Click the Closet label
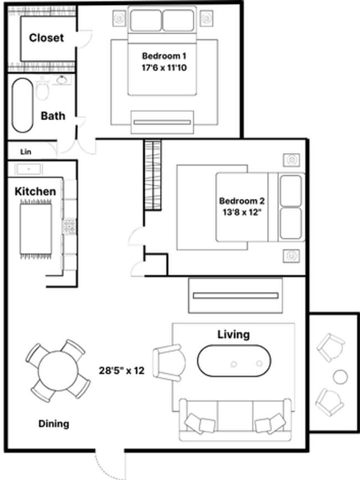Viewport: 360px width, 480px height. coord(47,38)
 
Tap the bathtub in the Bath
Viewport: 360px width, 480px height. coord(23,105)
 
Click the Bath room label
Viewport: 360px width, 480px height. coord(53,116)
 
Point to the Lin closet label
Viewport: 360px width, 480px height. coord(25,151)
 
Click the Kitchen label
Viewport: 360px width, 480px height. coord(35,191)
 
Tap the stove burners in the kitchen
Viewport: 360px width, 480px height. coord(70,226)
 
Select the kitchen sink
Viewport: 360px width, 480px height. coord(25,168)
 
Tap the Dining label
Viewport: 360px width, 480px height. coord(54,424)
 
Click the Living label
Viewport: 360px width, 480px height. coord(233,334)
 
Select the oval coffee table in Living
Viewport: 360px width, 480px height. coord(234,361)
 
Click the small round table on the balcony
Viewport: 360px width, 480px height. coord(340,377)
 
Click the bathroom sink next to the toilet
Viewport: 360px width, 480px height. coord(61,81)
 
